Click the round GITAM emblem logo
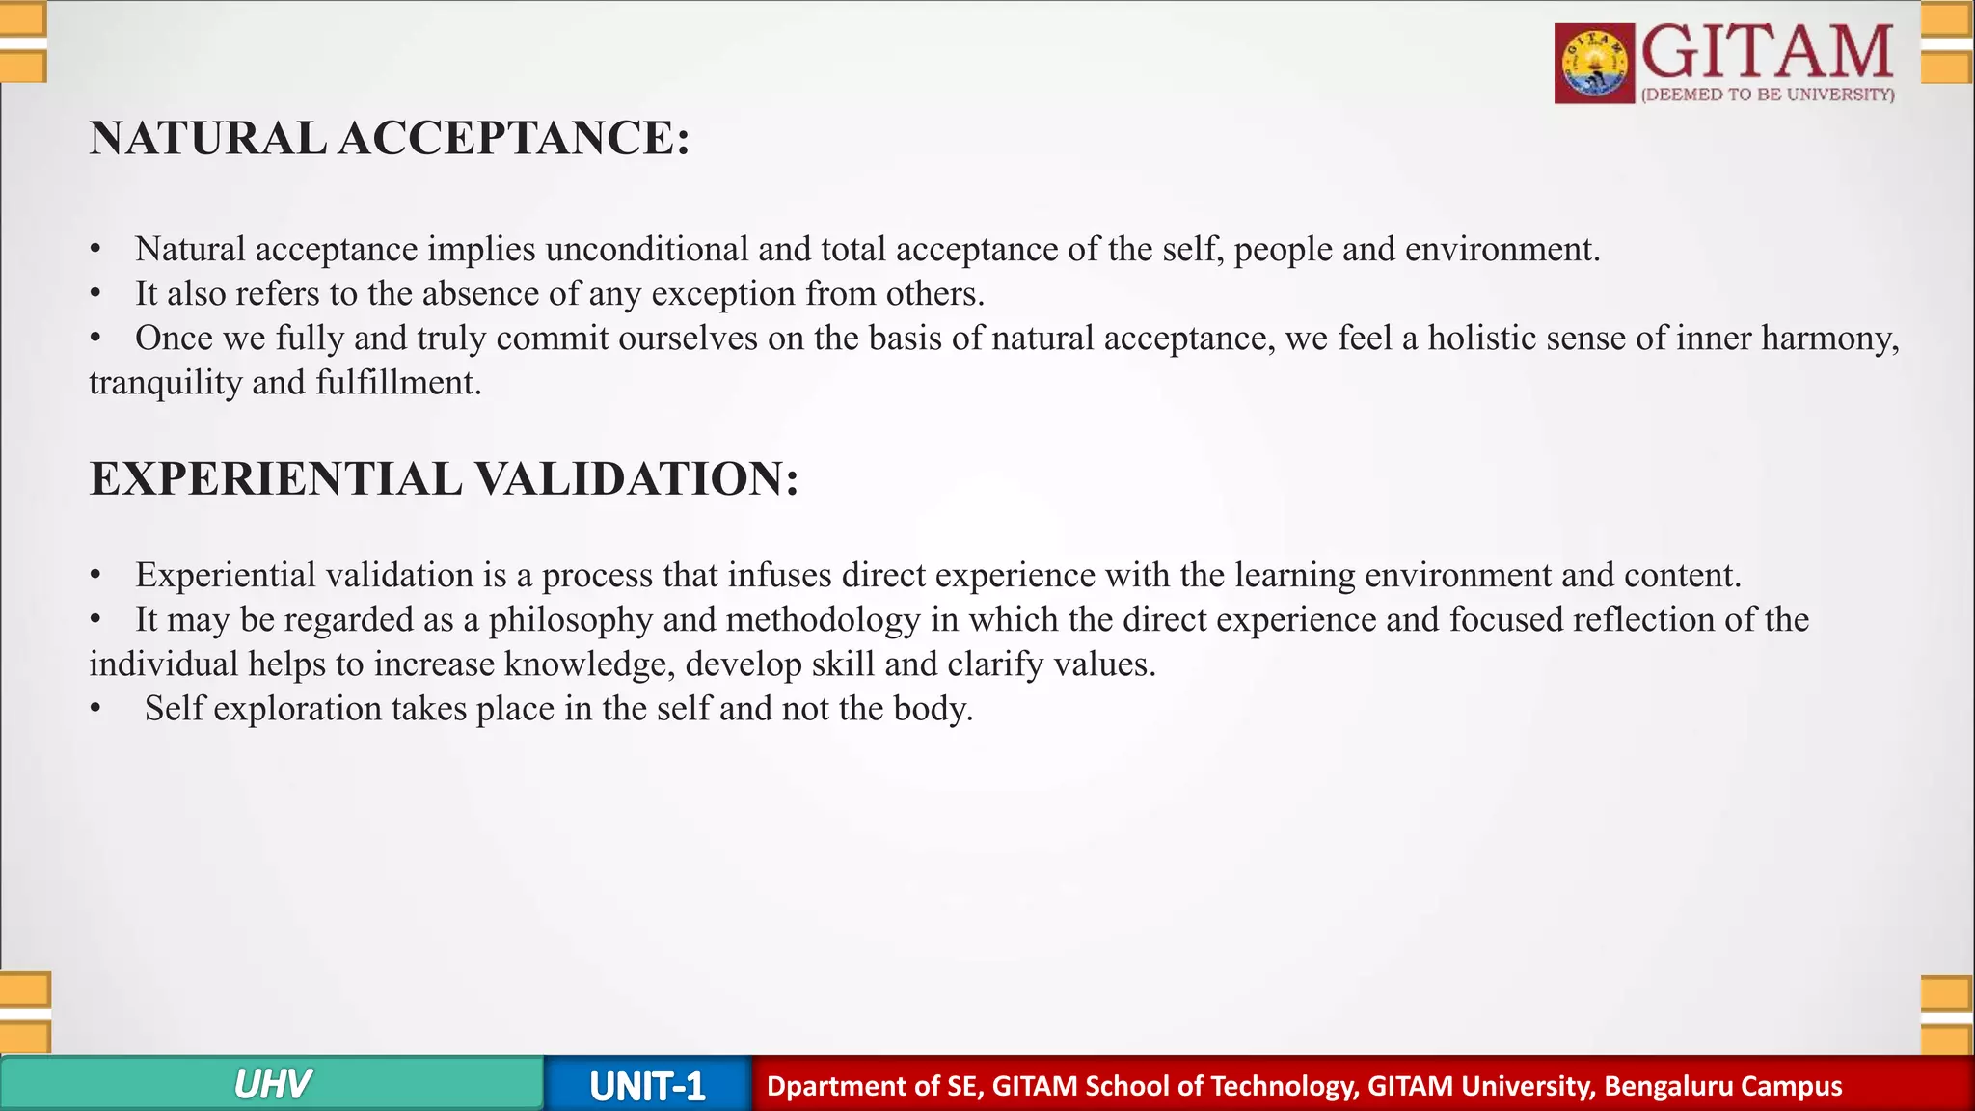[1594, 64]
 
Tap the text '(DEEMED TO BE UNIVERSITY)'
[1768, 95]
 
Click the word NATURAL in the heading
[207, 138]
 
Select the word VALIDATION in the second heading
[637, 479]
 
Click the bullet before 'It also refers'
[95, 293]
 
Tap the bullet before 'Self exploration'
[95, 709]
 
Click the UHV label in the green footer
[272, 1085]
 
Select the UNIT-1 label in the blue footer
[647, 1087]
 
